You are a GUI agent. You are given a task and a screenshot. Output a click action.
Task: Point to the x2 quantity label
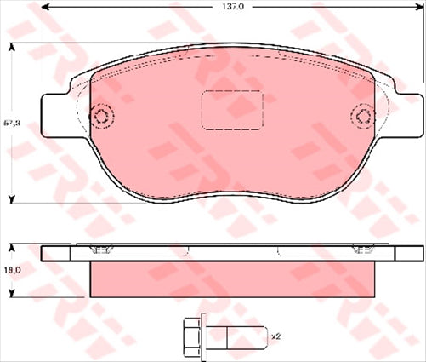[275, 337]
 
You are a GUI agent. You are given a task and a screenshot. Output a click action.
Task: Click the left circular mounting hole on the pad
[102, 118]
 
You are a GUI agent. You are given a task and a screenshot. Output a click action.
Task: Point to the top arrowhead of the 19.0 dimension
[11, 248]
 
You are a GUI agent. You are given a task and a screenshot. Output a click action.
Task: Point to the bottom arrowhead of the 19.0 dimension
[11, 292]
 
